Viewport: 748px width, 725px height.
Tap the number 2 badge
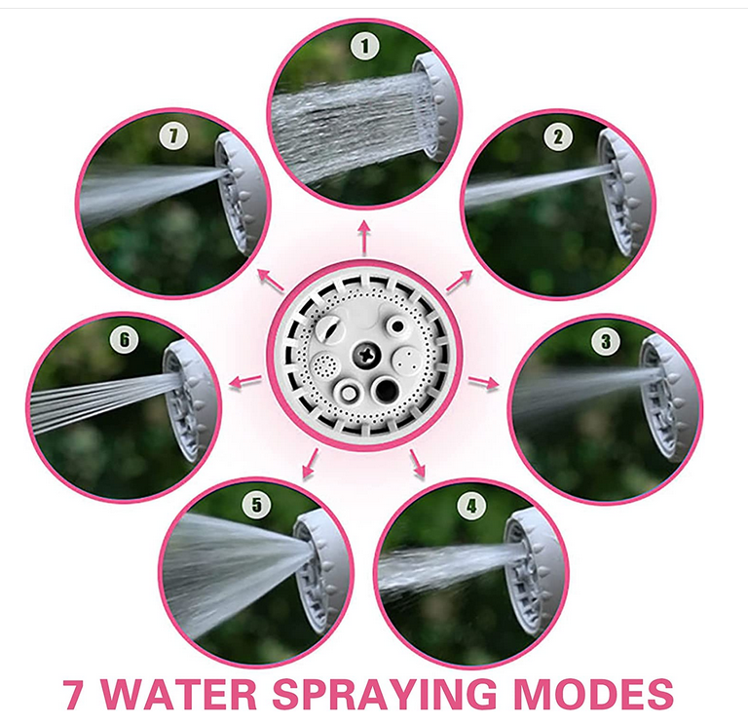pyautogui.click(x=557, y=137)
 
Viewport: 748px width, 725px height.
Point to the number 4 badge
pyautogui.click(x=472, y=505)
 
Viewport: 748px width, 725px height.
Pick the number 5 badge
pyautogui.click(x=256, y=505)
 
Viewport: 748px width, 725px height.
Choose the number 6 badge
pyautogui.click(x=124, y=340)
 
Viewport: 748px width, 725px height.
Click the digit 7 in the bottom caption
pyautogui.click(x=73, y=695)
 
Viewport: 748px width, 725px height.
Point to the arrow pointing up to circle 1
pyautogui.click(x=364, y=232)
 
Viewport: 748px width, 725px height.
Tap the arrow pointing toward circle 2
pyautogui.click(x=459, y=281)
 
